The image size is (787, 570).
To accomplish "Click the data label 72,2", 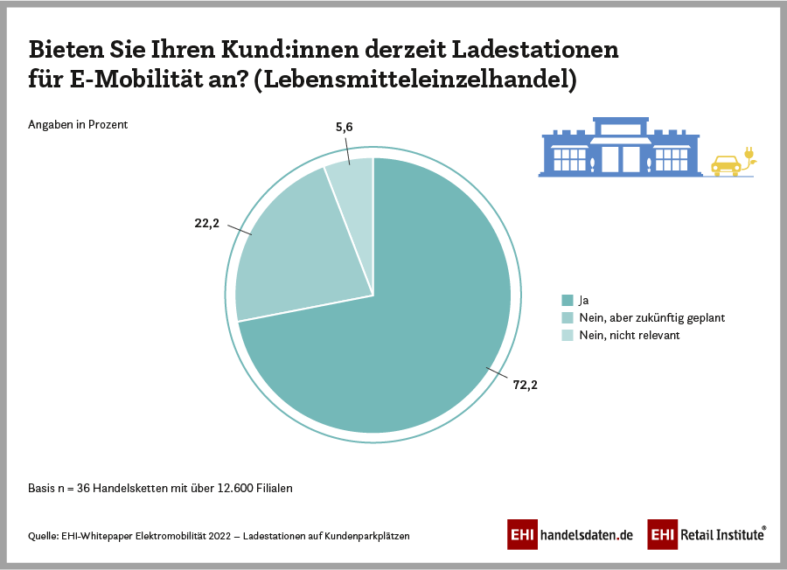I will (525, 385).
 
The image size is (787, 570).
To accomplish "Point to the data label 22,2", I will (207, 224).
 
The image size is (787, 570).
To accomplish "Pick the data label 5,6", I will (344, 128).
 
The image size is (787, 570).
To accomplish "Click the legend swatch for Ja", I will (568, 300).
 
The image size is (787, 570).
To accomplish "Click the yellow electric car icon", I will (725, 164).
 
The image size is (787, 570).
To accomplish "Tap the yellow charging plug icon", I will (749, 156).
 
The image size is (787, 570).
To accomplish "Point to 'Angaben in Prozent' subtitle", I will (79, 124).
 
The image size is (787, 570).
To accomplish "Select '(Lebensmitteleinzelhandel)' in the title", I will (420, 80).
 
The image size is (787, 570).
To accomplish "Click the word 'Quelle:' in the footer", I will (44, 536).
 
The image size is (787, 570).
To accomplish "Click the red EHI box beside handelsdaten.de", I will (522, 534).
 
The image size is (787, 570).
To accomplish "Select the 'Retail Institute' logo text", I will (722, 534).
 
